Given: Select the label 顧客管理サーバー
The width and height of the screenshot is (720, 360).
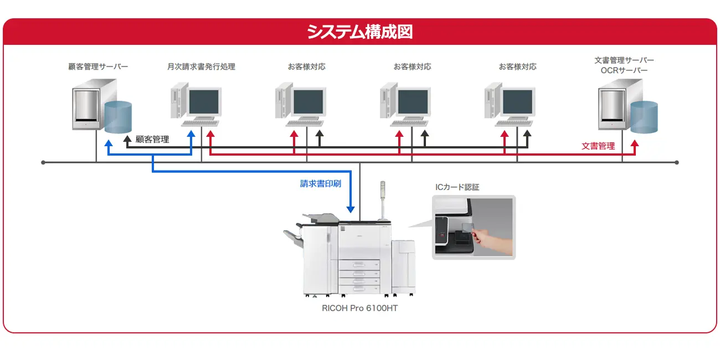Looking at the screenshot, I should tap(98, 66).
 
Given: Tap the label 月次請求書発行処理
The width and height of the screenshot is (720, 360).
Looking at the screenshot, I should tap(201, 66).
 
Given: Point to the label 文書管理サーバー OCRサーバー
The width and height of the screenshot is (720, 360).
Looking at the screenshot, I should tap(624, 65).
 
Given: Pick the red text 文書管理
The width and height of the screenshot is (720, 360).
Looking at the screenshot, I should tap(598, 146).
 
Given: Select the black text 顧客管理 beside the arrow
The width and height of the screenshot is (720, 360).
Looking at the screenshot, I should tap(152, 140).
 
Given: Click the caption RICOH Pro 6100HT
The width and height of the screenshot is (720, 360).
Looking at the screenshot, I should tap(359, 308).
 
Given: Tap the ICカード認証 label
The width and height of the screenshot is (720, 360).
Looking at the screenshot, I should tap(457, 187).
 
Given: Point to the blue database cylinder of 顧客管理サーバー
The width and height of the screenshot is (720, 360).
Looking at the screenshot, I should tap(118, 117).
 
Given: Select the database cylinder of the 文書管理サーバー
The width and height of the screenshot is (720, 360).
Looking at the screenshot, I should tap(644, 117).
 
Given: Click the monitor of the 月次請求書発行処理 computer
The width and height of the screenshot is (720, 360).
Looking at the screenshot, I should tap(204, 101).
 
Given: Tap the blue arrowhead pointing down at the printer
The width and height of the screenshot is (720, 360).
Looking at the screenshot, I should tap(350, 209).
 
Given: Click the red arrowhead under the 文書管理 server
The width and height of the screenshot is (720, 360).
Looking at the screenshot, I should tap(635, 143).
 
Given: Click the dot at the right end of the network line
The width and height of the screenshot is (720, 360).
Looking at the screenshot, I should tap(677, 163).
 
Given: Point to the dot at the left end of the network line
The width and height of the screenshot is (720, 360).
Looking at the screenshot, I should tap(43, 163).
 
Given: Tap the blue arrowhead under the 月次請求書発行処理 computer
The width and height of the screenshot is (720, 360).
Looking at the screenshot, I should tap(192, 134).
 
